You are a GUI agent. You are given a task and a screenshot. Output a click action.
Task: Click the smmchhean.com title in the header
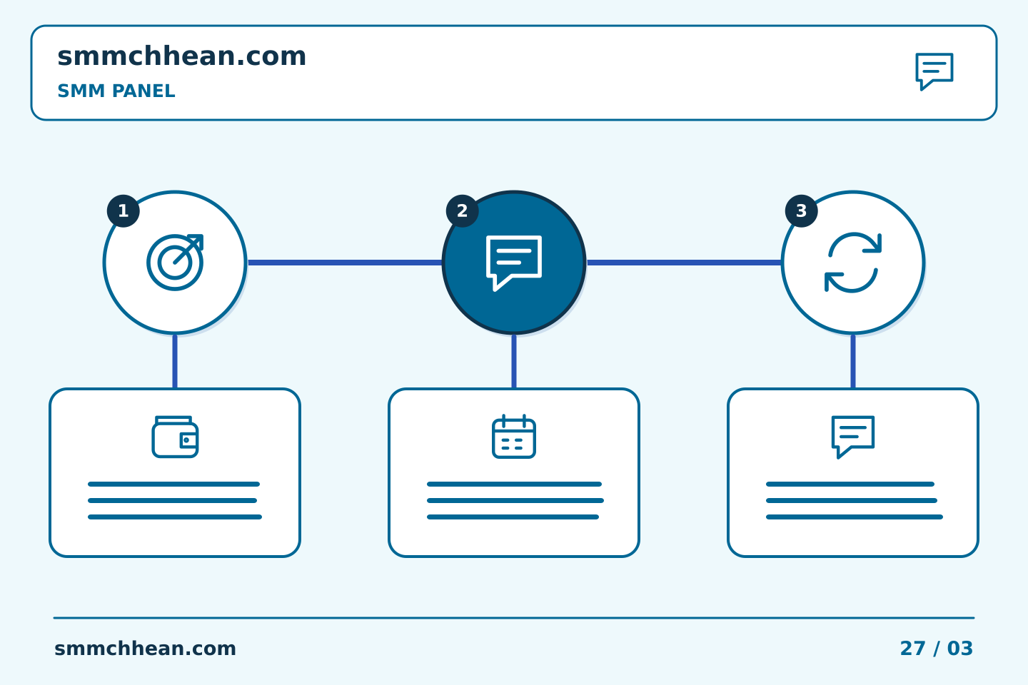click(182, 56)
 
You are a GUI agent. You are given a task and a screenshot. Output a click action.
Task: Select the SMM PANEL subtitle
click(116, 91)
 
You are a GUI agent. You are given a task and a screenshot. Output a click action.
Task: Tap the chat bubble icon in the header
click(934, 71)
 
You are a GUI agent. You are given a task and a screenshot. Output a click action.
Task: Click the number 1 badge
click(123, 211)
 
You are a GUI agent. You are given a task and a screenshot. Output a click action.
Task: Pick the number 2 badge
click(462, 211)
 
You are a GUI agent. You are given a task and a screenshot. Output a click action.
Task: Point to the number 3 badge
click(801, 211)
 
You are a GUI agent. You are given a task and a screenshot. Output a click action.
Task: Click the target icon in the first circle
click(175, 263)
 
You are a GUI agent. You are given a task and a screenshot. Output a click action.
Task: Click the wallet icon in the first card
click(175, 437)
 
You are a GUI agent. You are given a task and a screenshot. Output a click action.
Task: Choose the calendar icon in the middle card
click(514, 436)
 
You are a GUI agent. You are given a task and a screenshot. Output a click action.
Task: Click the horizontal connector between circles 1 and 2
click(345, 263)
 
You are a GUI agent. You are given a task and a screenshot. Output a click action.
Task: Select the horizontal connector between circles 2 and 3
click(684, 263)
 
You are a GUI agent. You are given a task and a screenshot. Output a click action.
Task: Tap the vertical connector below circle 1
click(175, 362)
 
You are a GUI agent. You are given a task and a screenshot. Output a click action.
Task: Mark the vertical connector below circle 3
click(853, 362)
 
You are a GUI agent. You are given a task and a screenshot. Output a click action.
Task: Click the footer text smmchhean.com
click(145, 649)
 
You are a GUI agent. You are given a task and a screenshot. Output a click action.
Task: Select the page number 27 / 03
click(936, 649)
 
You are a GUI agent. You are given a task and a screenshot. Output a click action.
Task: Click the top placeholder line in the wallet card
click(174, 484)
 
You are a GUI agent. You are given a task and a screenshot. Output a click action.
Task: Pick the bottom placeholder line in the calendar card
click(513, 517)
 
